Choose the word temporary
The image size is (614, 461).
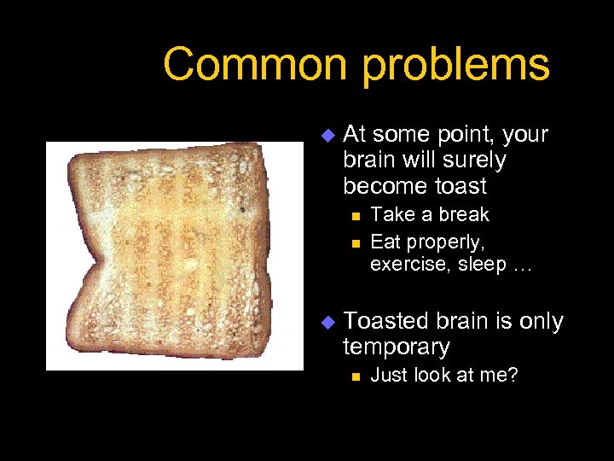click(x=396, y=347)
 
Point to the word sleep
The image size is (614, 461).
click(x=483, y=266)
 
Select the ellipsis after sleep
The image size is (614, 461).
click(x=522, y=266)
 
